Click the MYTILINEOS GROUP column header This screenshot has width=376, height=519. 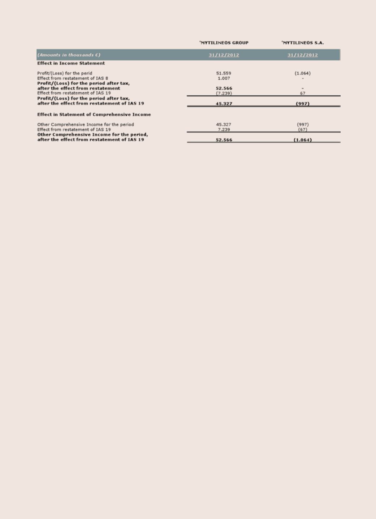click(224, 43)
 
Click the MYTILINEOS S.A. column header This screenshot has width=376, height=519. click(303, 43)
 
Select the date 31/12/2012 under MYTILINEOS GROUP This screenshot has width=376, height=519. click(224, 55)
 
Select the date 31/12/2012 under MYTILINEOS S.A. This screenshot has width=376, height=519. click(303, 55)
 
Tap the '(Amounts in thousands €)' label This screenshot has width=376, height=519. click(69, 55)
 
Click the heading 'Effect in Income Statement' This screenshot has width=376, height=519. click(71, 63)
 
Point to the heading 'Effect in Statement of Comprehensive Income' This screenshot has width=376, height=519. click(94, 114)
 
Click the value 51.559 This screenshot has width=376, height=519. click(224, 73)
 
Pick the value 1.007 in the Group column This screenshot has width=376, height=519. click(224, 78)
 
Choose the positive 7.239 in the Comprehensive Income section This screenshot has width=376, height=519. click(224, 130)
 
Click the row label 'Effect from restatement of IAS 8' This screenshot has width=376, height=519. click(73, 78)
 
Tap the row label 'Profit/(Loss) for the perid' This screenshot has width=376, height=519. click(65, 73)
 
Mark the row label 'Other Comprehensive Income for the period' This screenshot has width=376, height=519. click(86, 125)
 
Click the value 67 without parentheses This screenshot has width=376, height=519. click(303, 93)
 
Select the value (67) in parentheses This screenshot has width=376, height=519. click(303, 130)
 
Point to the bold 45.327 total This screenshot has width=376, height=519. click(224, 104)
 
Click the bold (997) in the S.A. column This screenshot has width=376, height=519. click(303, 104)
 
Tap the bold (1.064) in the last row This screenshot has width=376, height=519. click(303, 140)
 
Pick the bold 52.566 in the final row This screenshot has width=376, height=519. click(224, 140)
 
